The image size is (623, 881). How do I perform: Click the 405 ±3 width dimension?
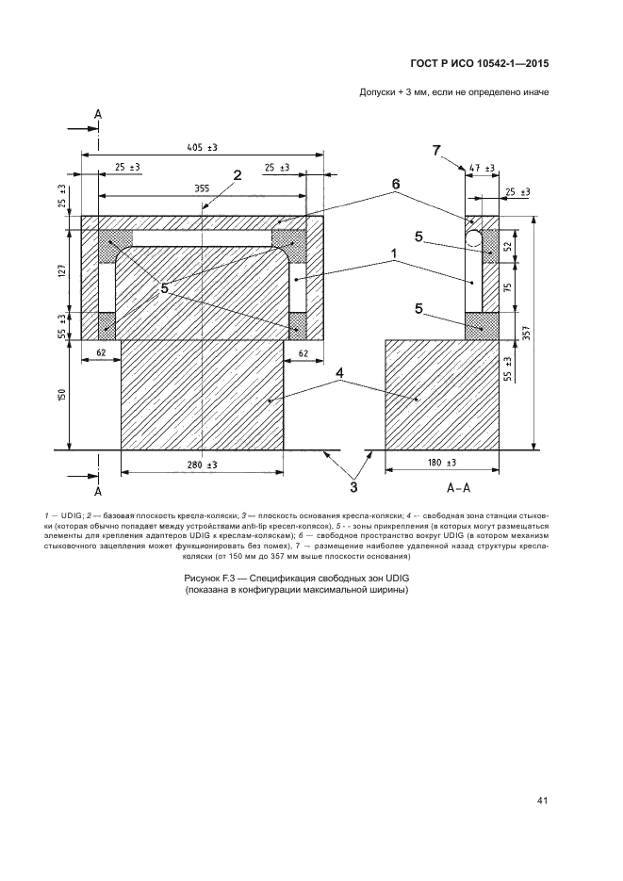(203, 148)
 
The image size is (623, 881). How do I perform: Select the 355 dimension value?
(202, 188)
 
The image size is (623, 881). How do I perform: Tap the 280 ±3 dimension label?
(203, 465)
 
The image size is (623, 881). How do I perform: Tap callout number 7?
(435, 151)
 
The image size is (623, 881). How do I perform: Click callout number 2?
(238, 174)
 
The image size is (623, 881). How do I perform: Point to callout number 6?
(396, 186)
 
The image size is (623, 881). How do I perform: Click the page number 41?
(542, 801)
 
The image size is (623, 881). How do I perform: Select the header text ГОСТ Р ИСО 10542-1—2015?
(480, 65)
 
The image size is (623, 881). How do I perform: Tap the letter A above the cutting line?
(97, 113)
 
